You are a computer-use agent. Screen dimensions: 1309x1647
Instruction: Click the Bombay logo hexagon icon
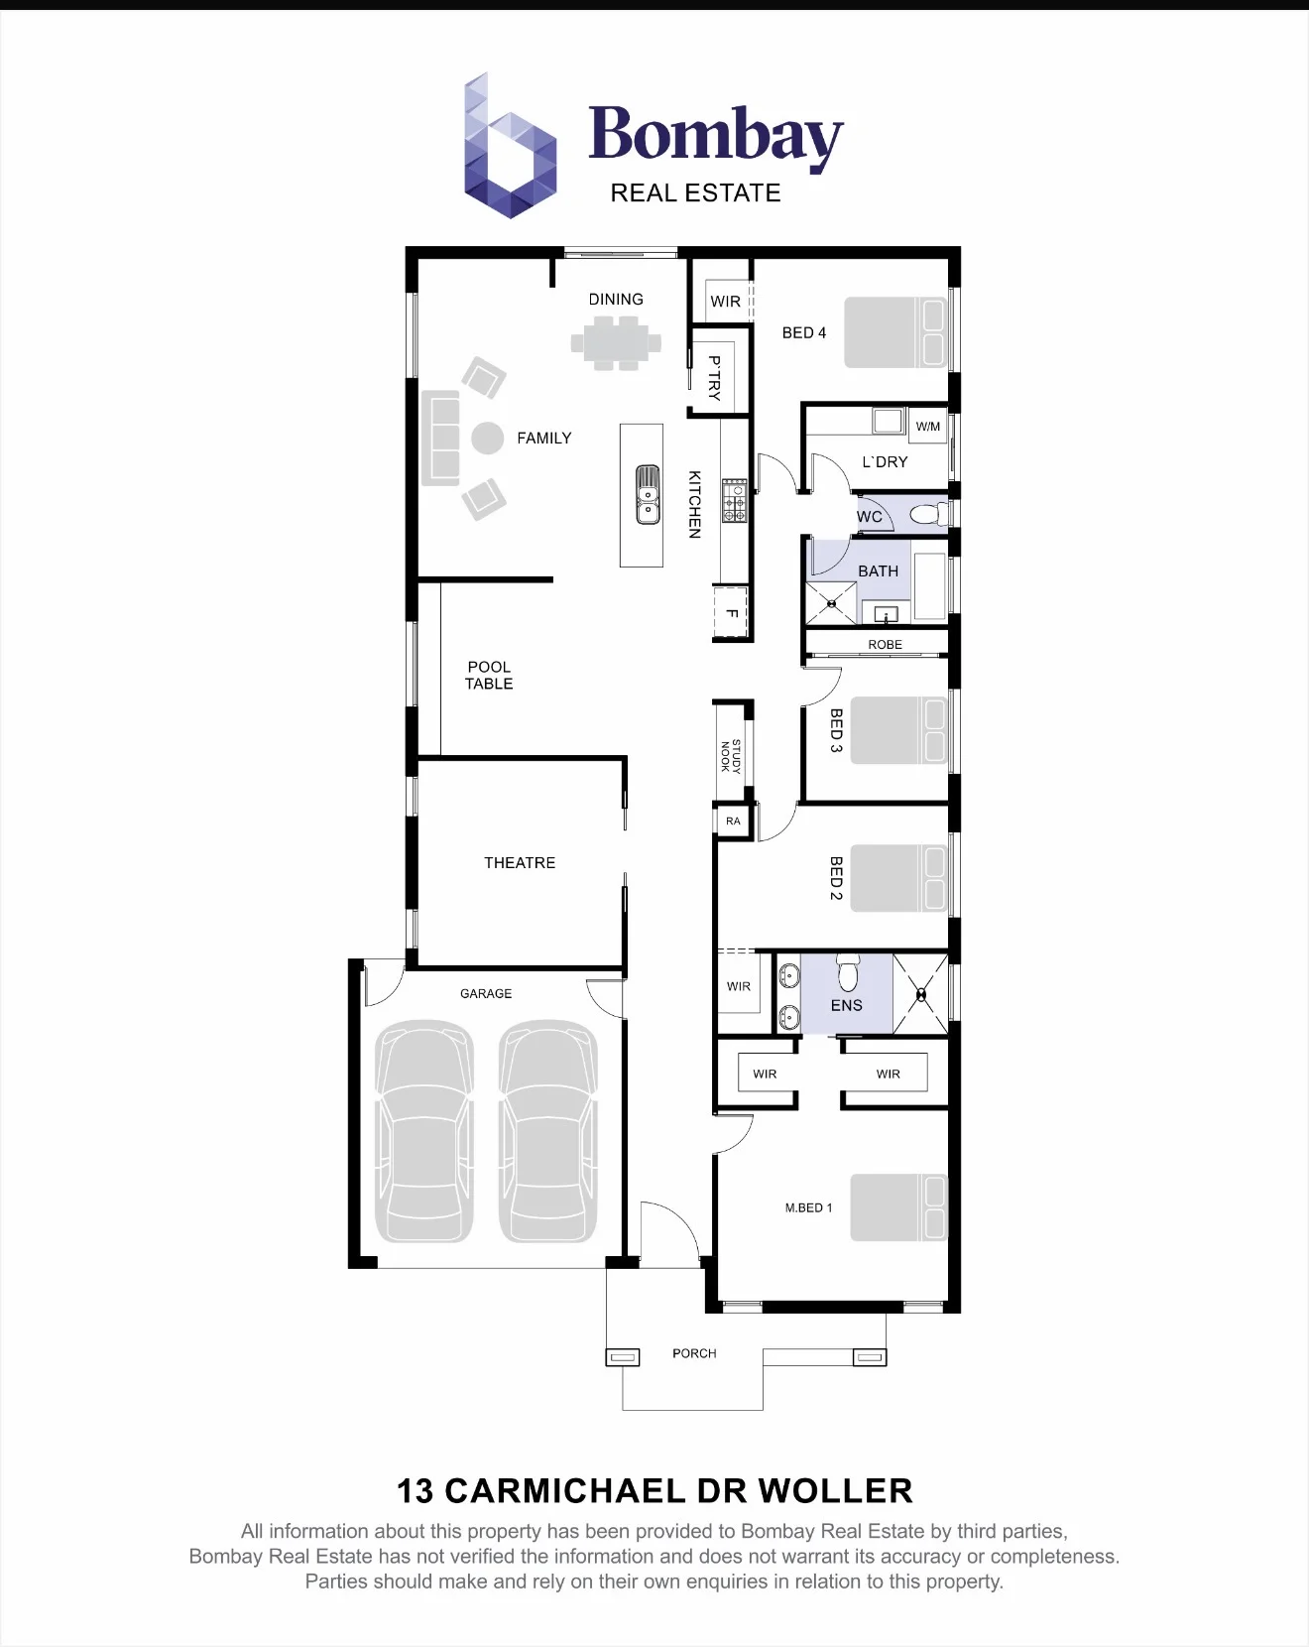point(510,146)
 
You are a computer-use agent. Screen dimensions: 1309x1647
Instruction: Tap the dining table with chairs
point(616,343)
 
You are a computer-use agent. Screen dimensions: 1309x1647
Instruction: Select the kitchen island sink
point(647,494)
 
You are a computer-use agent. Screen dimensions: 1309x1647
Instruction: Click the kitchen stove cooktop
point(734,501)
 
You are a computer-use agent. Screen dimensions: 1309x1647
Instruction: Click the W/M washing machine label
point(928,427)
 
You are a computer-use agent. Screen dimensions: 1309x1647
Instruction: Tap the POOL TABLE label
point(489,676)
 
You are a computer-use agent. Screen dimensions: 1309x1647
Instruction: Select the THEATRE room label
point(520,863)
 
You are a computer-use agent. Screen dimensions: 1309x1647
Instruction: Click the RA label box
point(733,821)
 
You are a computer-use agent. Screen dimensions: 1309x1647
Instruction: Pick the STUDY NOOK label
point(731,756)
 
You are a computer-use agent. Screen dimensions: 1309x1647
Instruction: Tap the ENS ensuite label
point(847,1005)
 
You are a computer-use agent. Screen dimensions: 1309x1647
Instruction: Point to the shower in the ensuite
point(921,993)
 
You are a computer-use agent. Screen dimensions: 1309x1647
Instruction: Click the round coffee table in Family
point(487,438)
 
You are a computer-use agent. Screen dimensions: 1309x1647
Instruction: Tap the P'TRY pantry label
point(714,378)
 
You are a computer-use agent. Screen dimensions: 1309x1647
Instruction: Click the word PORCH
point(694,1353)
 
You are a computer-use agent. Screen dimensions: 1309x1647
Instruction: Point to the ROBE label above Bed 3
point(886,645)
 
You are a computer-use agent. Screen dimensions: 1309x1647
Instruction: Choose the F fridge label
point(732,613)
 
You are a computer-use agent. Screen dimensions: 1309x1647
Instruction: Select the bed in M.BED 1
point(899,1207)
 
